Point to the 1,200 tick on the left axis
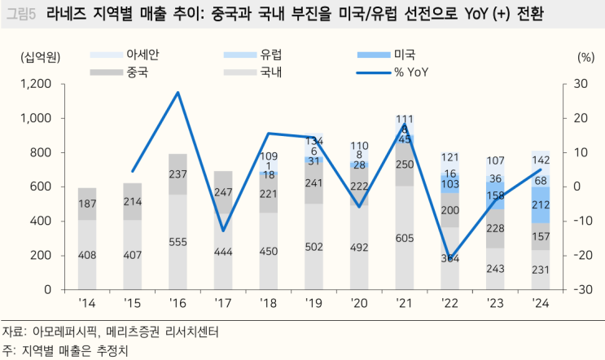(x=35, y=84)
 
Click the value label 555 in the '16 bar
(x=178, y=242)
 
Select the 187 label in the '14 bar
(x=87, y=204)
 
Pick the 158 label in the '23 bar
(x=495, y=196)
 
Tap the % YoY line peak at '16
(x=178, y=92)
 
